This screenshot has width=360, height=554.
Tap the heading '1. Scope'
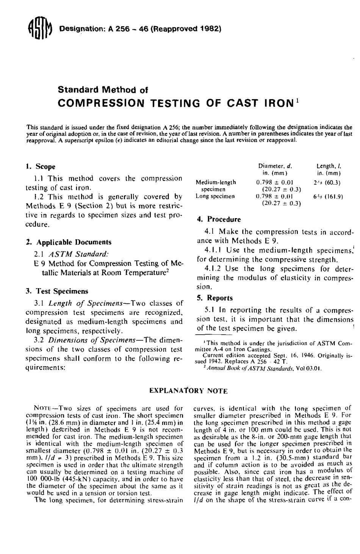[x=40, y=166]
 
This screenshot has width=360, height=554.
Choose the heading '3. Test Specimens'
[x=56, y=291]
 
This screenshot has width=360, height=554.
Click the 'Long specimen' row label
[x=215, y=197]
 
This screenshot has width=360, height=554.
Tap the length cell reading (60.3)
[x=333, y=183]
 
